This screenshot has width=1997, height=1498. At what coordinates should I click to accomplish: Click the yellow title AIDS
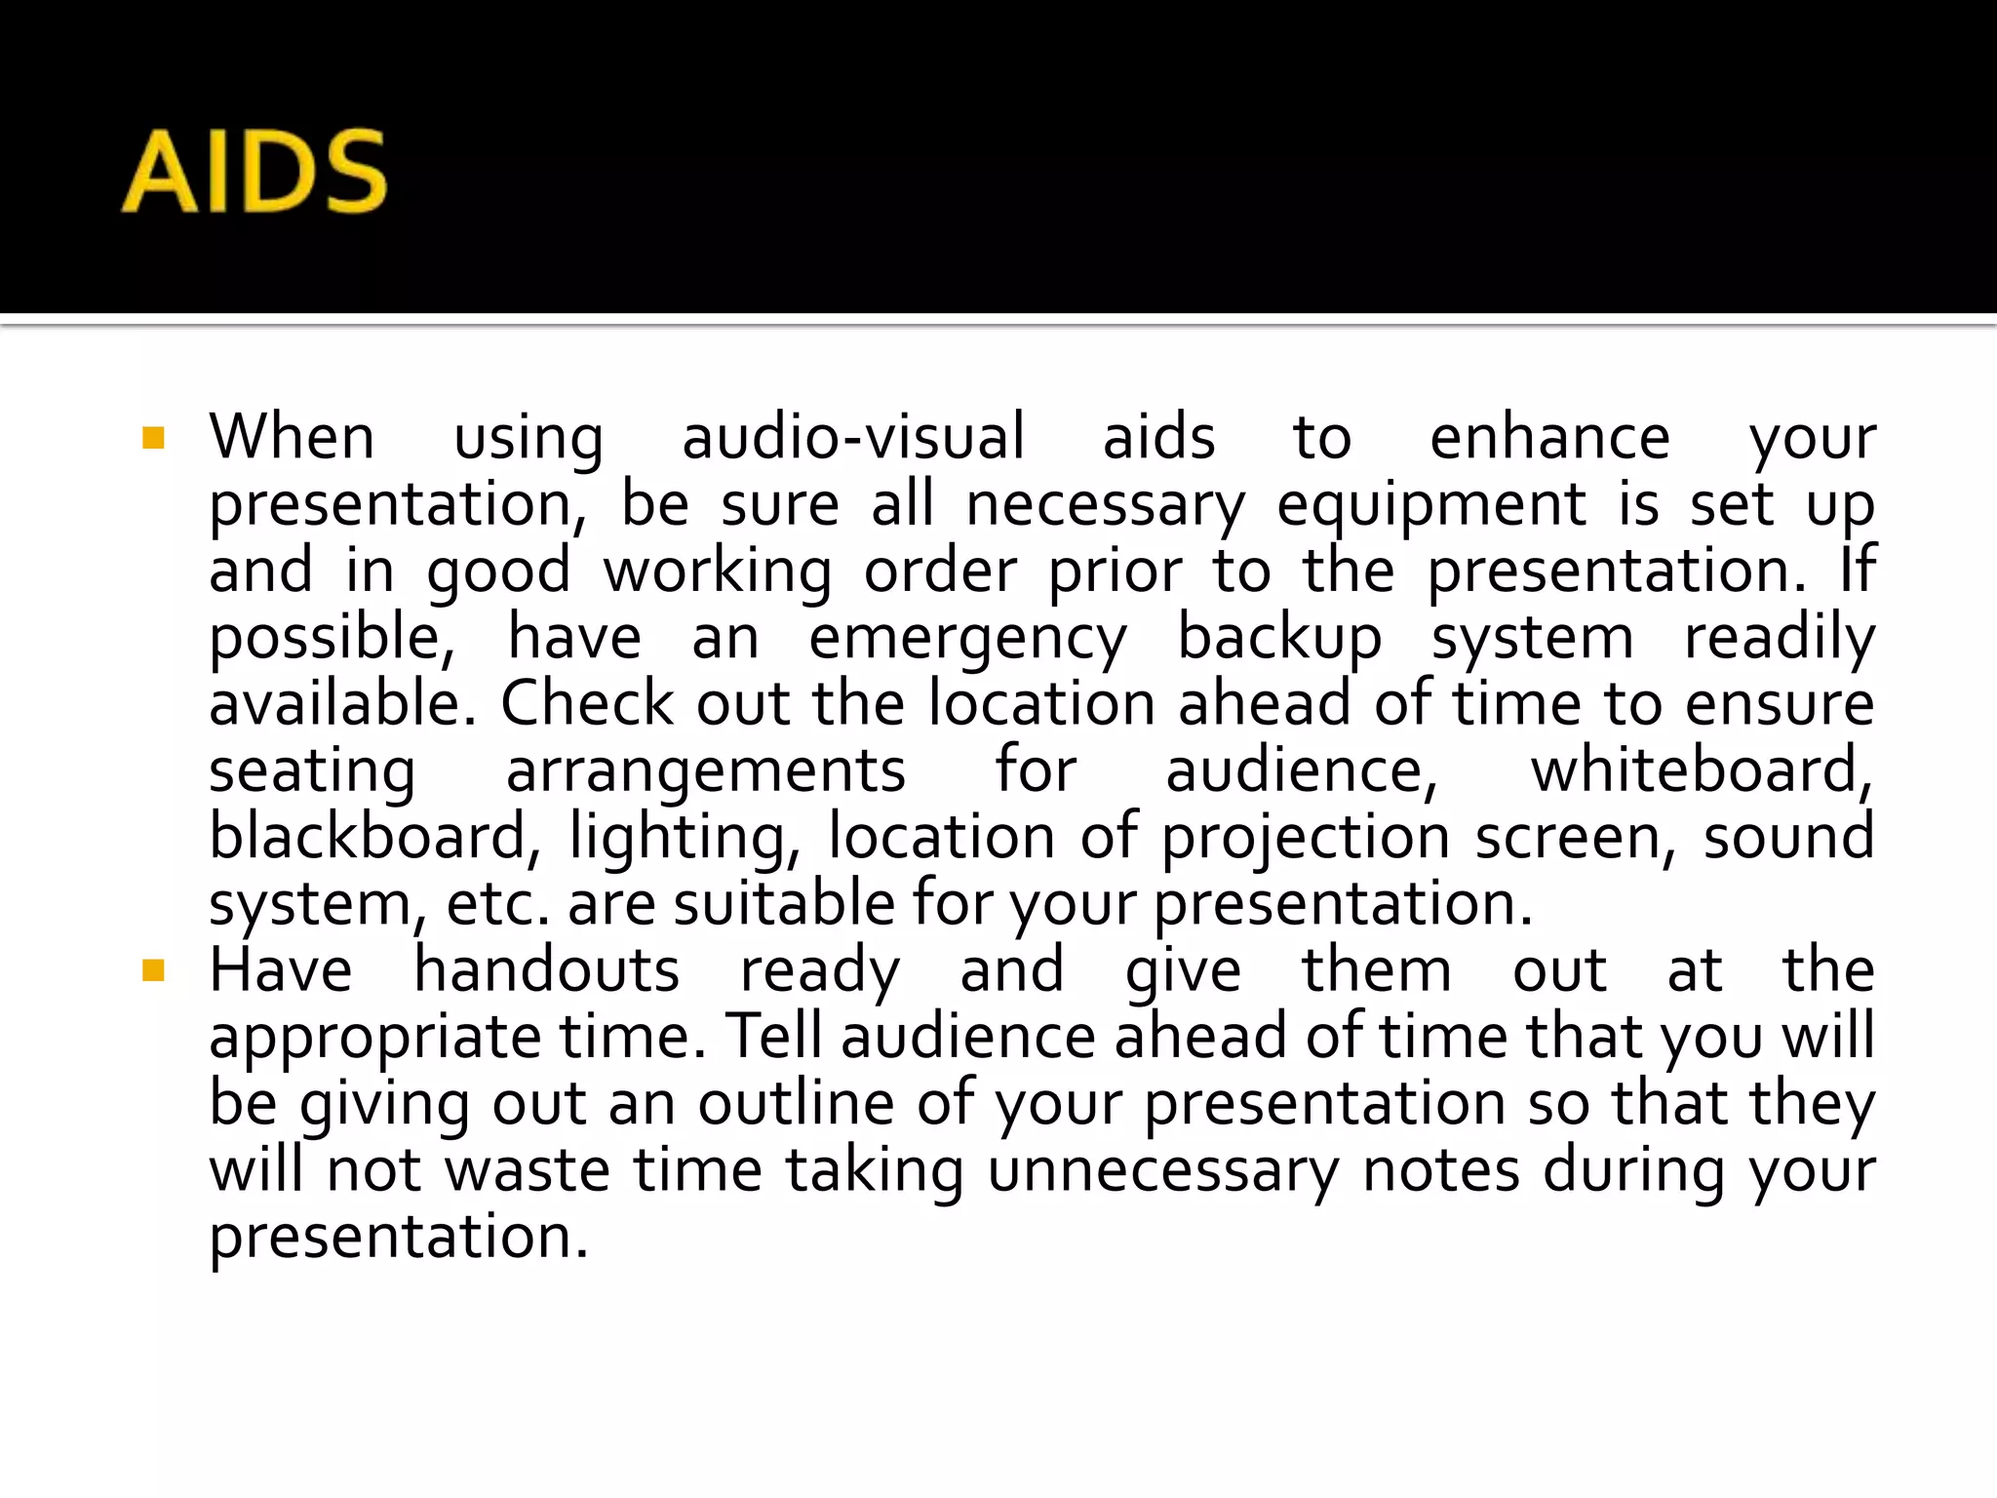255,173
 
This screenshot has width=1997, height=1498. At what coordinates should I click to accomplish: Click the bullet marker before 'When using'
153,437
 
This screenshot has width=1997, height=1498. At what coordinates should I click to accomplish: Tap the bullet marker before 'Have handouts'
153,970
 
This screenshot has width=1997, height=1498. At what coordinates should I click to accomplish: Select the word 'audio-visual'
853,437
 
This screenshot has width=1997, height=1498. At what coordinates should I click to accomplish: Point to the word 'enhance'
1549,437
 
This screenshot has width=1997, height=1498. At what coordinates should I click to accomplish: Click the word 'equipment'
1431,505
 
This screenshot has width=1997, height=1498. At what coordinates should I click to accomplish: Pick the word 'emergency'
967,639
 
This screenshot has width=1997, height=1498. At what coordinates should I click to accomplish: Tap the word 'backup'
1279,639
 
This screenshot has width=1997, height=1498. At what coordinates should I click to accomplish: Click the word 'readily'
1780,639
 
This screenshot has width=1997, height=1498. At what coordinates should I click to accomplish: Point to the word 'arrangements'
706,771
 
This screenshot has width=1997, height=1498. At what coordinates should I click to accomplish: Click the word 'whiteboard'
1701,770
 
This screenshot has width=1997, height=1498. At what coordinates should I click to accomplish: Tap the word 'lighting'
685,839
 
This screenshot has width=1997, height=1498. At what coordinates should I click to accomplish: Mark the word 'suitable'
783,903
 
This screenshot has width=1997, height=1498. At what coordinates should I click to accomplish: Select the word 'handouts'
547,970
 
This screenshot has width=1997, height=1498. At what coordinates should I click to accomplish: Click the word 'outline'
796,1103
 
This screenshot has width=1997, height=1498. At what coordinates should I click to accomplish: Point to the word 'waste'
528,1169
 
